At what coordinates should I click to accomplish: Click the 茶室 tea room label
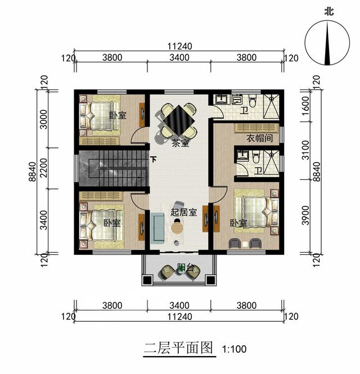(x=181, y=143)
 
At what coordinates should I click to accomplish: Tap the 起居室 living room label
(x=183, y=212)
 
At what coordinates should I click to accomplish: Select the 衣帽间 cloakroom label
(x=259, y=138)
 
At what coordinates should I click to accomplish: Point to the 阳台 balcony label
(x=186, y=268)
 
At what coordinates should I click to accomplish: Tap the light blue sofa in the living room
(x=157, y=228)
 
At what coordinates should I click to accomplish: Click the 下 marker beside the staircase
(x=154, y=159)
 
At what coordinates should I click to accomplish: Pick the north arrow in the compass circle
(x=327, y=43)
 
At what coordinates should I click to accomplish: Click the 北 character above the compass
(x=329, y=11)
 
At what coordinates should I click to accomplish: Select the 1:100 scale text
(x=234, y=349)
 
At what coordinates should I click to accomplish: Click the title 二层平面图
(x=178, y=348)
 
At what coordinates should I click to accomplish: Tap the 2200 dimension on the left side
(x=44, y=168)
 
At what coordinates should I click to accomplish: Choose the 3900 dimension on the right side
(x=305, y=215)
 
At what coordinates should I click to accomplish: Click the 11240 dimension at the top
(x=179, y=46)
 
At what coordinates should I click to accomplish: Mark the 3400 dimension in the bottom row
(x=179, y=305)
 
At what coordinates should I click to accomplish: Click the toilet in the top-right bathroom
(x=252, y=101)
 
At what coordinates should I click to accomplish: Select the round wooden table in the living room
(x=177, y=228)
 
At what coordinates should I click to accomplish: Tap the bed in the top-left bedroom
(x=100, y=116)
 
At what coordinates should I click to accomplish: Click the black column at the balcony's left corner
(x=147, y=280)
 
